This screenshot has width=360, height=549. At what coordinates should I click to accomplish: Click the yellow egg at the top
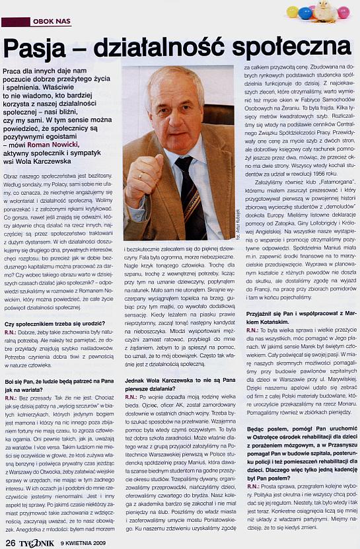293,12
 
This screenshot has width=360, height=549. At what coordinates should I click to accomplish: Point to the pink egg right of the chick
343,12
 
